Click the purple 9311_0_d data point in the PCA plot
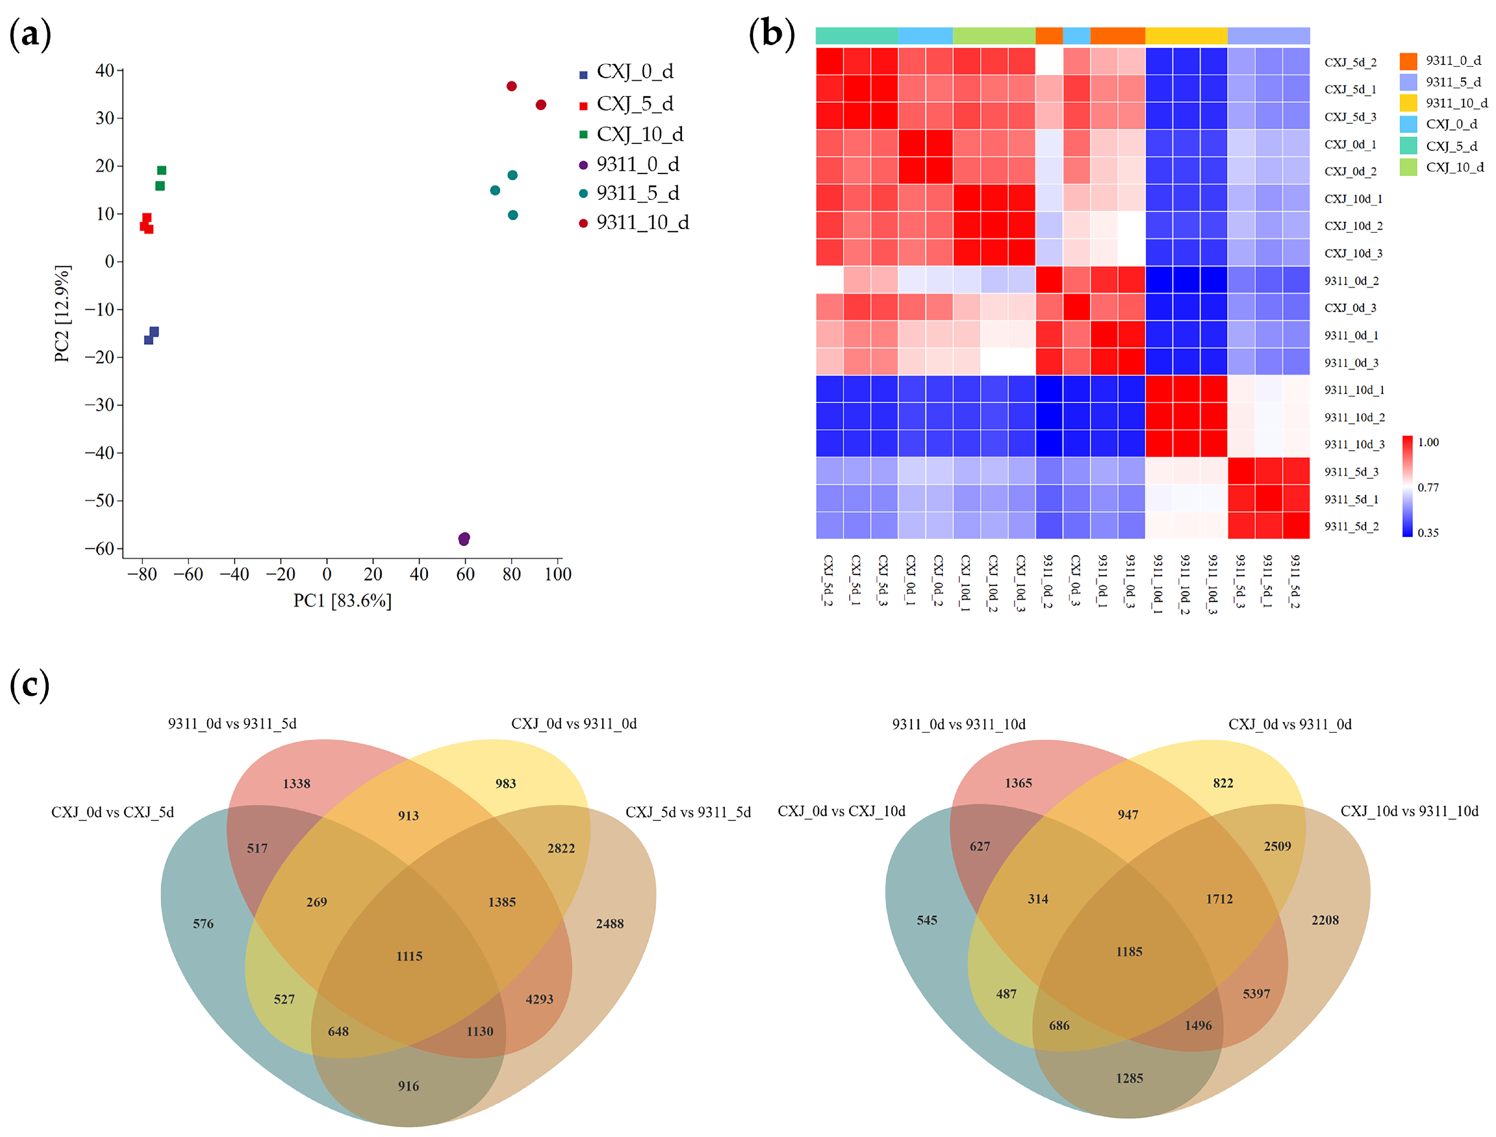pyautogui.click(x=464, y=539)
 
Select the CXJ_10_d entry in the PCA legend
pyautogui.click(x=639, y=135)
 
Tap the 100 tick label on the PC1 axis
pyautogui.click(x=558, y=575)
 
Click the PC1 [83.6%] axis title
pyautogui.click(x=343, y=601)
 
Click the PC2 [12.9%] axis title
pyautogui.click(x=62, y=314)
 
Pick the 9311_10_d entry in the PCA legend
pyautogui.click(x=642, y=223)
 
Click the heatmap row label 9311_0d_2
pyautogui.click(x=1351, y=281)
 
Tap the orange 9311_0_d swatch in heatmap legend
pyautogui.click(x=1408, y=61)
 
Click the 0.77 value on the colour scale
pyautogui.click(x=1428, y=487)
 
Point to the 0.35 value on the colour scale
pyautogui.click(x=1428, y=533)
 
